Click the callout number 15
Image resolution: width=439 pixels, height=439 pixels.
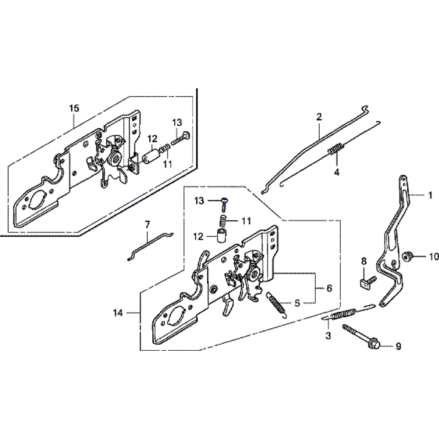pyautogui.click(x=74, y=108)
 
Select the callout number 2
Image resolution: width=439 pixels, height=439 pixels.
pyautogui.click(x=319, y=117)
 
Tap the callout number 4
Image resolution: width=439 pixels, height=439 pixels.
pyautogui.click(x=337, y=173)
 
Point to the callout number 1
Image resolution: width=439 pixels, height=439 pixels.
pyautogui.click(x=430, y=195)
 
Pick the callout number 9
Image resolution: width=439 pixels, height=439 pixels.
pyautogui.click(x=398, y=347)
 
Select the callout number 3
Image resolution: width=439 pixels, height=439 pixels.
pyautogui.click(x=327, y=336)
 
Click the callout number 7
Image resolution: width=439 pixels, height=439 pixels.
pyautogui.click(x=148, y=225)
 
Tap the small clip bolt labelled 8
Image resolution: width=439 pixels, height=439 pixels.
pyautogui.click(x=366, y=280)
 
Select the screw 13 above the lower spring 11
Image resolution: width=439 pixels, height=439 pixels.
pyautogui.click(x=225, y=202)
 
